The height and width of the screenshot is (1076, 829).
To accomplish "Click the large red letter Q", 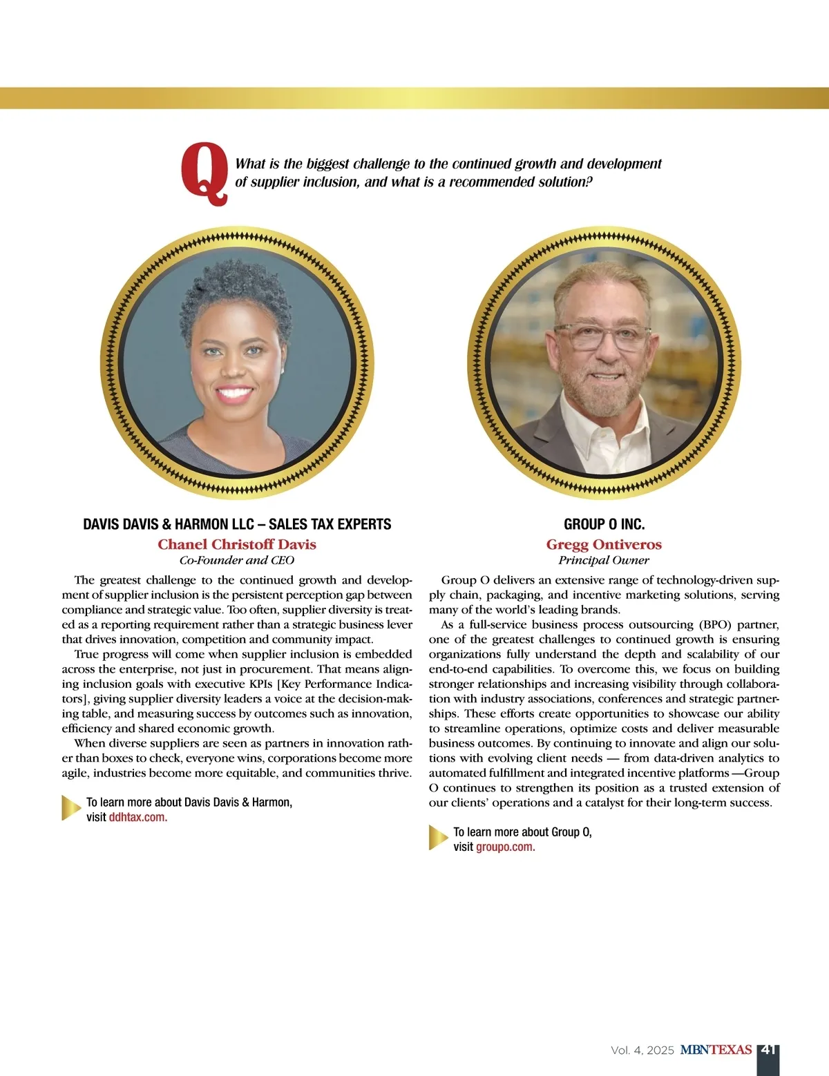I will (x=204, y=173).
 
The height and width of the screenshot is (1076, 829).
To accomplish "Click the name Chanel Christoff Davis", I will (x=237, y=544).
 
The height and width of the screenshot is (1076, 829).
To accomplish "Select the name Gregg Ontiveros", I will (x=604, y=544).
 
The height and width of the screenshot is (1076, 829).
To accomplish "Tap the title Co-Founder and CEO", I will (x=237, y=560).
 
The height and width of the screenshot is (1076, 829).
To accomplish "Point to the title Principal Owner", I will (x=604, y=560).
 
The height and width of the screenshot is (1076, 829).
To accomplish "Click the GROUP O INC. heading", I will (x=604, y=524).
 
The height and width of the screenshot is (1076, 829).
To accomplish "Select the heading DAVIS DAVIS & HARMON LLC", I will (x=237, y=524).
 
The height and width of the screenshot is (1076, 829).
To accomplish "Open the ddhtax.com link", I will (x=138, y=818).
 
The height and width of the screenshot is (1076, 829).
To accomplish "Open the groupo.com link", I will (x=506, y=847).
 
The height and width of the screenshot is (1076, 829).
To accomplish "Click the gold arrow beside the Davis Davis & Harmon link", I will (x=71, y=808).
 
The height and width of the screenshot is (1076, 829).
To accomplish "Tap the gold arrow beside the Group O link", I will (x=438, y=837).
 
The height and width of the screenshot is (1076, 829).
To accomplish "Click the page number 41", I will (x=768, y=1050).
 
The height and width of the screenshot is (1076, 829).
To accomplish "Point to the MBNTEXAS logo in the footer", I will (x=716, y=1050).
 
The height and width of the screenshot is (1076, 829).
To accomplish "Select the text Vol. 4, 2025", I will (x=642, y=1050).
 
